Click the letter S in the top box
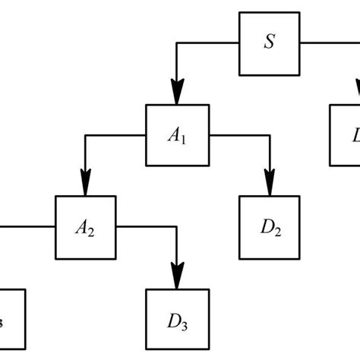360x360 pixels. coord(269,43)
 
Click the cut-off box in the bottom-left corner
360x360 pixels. coord(11,317)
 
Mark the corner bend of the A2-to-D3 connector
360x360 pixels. coord(177,226)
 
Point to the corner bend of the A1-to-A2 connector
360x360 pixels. coord(84,134)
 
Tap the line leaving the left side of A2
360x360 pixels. coord(27,226)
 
